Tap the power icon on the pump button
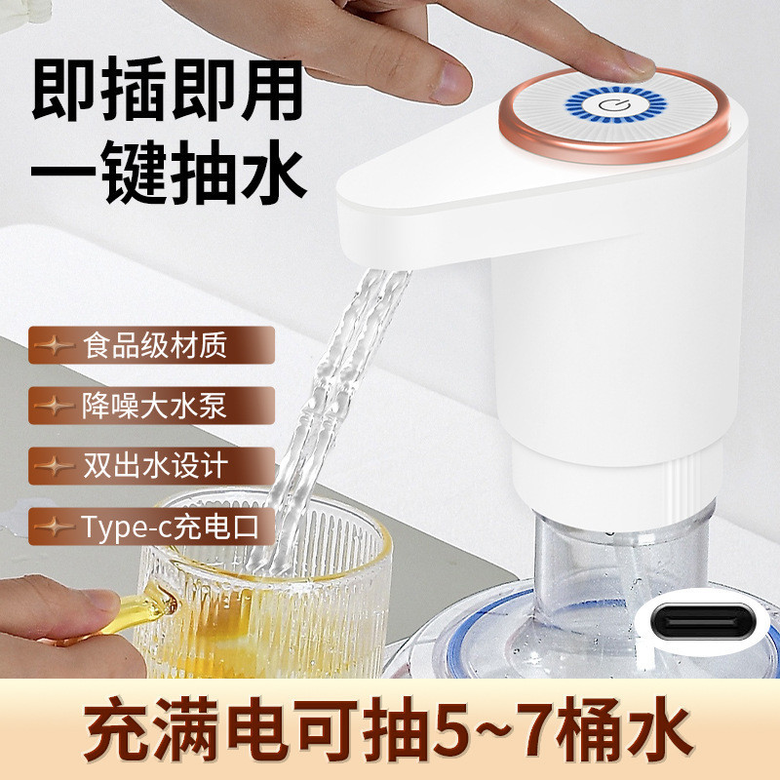click(607, 105)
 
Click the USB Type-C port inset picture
click(703, 620)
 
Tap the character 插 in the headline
click(135, 90)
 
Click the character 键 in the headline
click(135, 171)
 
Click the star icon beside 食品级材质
click(54, 345)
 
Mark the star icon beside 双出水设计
click(54, 466)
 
